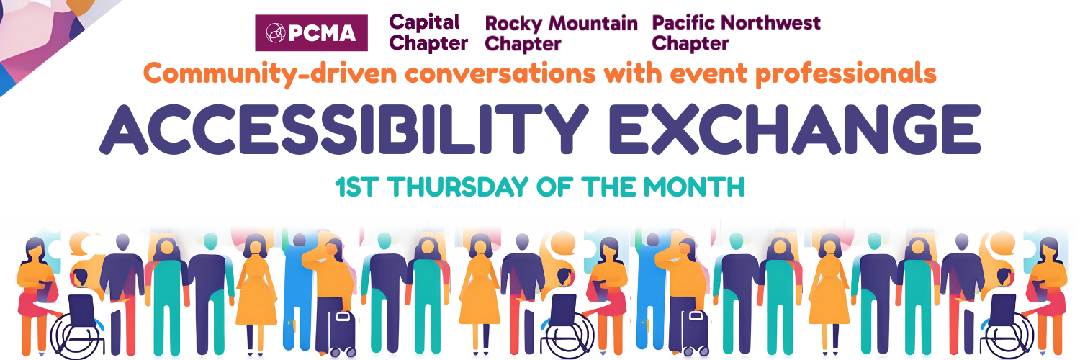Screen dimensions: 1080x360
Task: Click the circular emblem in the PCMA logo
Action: (x=276, y=33)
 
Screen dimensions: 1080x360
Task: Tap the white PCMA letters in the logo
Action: (x=323, y=33)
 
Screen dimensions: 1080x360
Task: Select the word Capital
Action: (x=424, y=22)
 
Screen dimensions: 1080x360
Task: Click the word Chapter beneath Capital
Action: (x=428, y=43)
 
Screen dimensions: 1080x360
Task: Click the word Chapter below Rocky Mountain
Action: (x=523, y=45)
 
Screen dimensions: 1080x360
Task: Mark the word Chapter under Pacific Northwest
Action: (x=690, y=44)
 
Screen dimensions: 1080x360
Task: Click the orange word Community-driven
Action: (x=270, y=74)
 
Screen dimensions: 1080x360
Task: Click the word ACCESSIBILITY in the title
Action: (x=343, y=130)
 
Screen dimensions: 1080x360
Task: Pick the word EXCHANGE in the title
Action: (x=795, y=130)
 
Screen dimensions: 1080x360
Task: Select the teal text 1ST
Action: (x=356, y=187)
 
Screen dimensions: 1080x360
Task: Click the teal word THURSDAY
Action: (x=458, y=187)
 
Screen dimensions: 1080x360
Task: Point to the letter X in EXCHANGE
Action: (x=682, y=130)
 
